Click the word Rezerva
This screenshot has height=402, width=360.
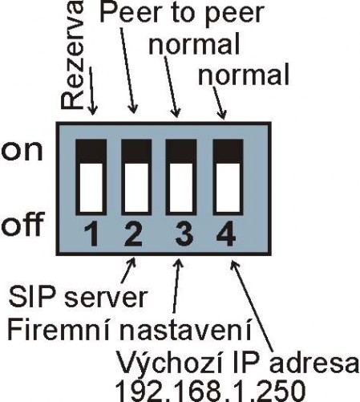[71, 55]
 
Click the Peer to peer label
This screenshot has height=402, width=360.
[182, 13]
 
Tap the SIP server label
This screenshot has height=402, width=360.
[78, 297]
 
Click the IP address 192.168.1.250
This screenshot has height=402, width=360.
[210, 391]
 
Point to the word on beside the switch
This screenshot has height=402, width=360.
[22, 151]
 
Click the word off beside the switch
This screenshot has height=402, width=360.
[22, 224]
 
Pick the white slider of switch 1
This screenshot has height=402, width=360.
[91, 188]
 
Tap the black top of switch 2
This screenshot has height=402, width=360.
[136, 151]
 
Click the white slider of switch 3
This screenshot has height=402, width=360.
[181, 188]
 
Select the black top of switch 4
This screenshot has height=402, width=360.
[228, 151]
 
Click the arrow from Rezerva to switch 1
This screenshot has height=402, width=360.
[91, 91]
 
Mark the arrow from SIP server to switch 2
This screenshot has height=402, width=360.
[128, 270]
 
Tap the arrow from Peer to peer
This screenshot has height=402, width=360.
[128, 70]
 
